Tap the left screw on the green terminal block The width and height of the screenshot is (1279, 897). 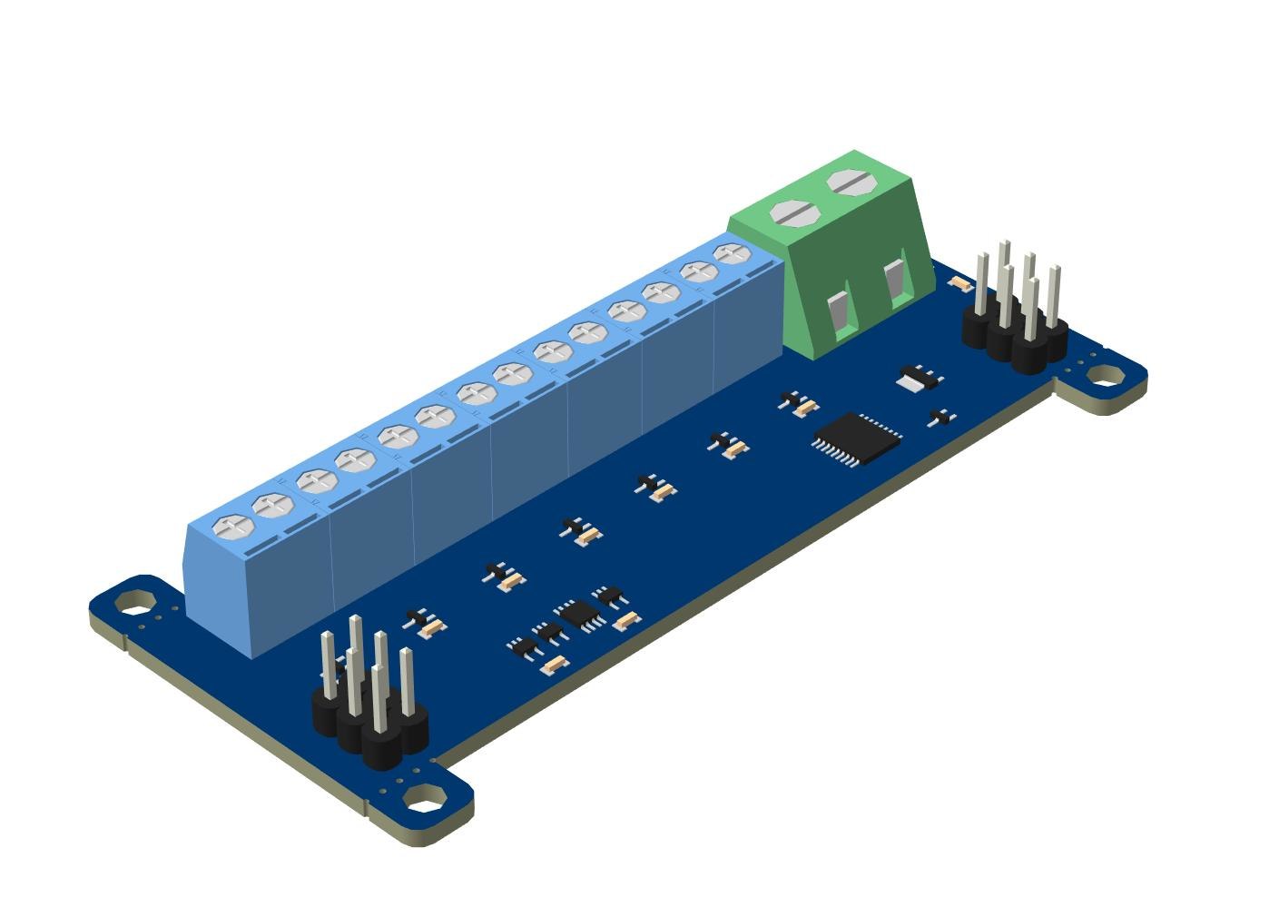click(795, 213)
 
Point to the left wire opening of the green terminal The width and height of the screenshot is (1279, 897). click(840, 311)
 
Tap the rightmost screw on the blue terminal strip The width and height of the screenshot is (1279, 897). click(732, 253)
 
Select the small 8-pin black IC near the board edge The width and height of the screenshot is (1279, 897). click(578, 614)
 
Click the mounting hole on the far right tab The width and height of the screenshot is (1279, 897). click(1102, 374)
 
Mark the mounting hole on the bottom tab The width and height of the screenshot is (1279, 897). click(419, 802)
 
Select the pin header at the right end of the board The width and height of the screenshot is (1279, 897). click(1015, 313)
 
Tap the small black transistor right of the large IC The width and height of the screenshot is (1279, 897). click(942, 418)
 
